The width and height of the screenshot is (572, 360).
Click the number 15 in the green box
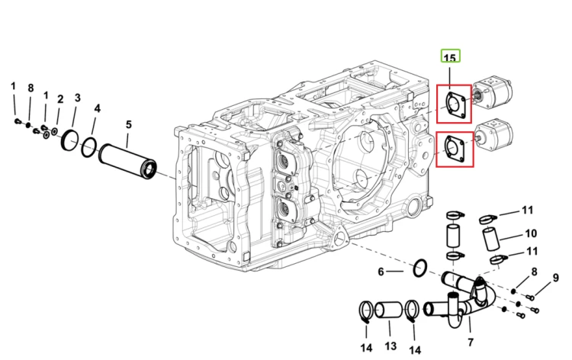pyautogui.click(x=450, y=58)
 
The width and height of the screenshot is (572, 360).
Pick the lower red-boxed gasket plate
pyautogui.click(x=455, y=149)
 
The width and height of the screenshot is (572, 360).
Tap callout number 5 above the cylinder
pyautogui.click(x=128, y=124)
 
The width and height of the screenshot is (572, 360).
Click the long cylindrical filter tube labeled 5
pyautogui.click(x=127, y=161)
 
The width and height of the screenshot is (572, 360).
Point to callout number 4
pyautogui.click(x=97, y=108)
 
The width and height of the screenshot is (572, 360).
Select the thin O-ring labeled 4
pyautogui.click(x=88, y=147)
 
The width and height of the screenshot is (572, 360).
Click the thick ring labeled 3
pyautogui.click(x=70, y=140)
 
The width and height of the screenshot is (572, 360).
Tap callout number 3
pyautogui.click(x=77, y=98)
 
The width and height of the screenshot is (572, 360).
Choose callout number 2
pyautogui.click(x=60, y=99)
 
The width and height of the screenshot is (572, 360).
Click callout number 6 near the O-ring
pyautogui.click(x=381, y=272)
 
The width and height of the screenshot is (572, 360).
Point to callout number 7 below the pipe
pyautogui.click(x=471, y=342)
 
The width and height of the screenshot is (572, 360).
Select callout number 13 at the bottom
pyautogui.click(x=390, y=346)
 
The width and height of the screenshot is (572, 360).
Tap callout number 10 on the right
pyautogui.click(x=531, y=233)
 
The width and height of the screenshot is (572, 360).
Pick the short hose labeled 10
pyautogui.click(x=491, y=239)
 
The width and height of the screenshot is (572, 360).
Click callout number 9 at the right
pyautogui.click(x=555, y=278)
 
